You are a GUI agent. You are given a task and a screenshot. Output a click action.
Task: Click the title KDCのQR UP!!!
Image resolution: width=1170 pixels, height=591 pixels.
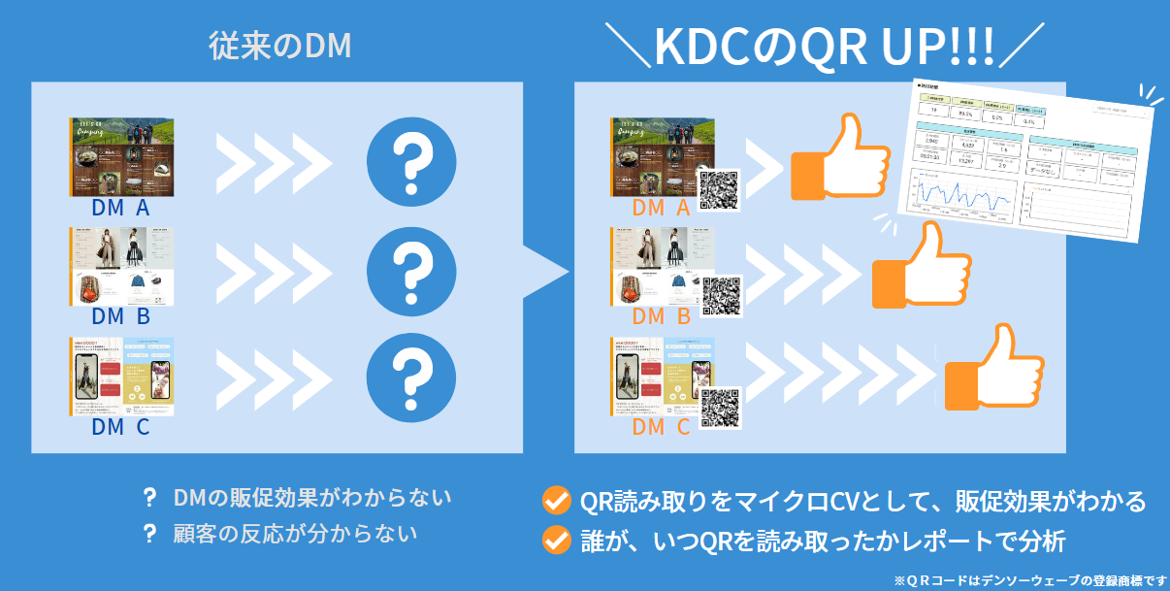[824, 46]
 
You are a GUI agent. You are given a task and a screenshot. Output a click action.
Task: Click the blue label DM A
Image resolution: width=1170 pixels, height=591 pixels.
[120, 208]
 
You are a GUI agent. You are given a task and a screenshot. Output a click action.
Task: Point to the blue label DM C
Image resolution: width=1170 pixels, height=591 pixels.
[120, 426]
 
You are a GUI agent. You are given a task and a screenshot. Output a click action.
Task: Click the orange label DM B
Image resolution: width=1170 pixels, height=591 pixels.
[661, 316]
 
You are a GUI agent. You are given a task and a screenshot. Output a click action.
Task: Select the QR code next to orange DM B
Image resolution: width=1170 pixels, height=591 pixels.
[721, 296]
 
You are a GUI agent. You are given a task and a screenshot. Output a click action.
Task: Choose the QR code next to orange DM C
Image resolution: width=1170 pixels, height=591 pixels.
[720, 408]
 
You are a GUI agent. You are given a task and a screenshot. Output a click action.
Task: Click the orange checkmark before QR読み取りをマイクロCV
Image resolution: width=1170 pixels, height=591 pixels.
[556, 501]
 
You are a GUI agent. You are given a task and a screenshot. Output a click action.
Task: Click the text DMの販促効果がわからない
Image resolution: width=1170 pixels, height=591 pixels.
[310, 498]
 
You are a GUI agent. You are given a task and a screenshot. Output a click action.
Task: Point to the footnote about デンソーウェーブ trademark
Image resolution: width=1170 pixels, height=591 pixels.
[1030, 579]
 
